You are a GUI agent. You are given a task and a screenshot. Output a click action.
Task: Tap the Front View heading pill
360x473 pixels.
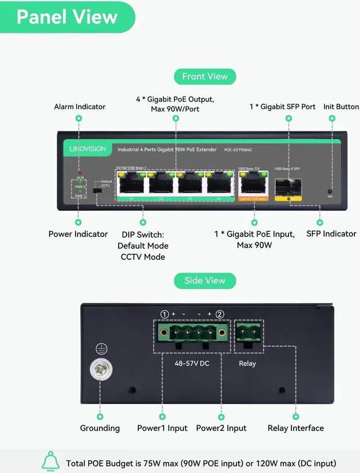click(x=205, y=76)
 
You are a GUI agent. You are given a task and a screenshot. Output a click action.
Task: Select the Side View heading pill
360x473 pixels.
click(x=205, y=281)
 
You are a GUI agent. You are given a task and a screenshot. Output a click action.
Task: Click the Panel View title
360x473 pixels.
click(x=67, y=16)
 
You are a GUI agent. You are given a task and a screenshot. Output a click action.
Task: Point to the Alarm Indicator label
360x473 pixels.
click(x=79, y=106)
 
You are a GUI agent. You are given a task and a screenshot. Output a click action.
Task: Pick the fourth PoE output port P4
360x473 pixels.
click(x=219, y=183)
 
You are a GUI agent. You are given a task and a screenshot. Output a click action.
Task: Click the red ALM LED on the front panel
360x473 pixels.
click(x=80, y=173)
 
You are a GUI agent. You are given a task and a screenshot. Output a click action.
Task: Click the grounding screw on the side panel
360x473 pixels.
click(x=101, y=370)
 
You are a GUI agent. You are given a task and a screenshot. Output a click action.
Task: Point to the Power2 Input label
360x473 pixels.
click(x=221, y=428)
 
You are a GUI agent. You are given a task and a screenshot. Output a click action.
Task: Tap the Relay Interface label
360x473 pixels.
click(x=295, y=428)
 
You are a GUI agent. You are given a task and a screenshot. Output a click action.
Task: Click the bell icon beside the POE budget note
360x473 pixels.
click(x=51, y=462)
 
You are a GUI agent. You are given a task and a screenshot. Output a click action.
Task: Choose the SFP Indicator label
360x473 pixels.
click(x=331, y=233)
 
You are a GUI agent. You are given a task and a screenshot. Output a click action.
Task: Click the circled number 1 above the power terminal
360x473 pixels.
click(x=164, y=314)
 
